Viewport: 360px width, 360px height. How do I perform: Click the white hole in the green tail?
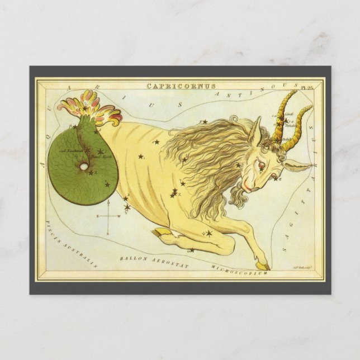(x=83, y=166)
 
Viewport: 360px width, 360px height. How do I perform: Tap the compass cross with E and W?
(x=110, y=216)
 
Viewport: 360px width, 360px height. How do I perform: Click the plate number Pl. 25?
(x=307, y=86)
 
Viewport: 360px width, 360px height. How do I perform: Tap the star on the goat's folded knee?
(x=208, y=233)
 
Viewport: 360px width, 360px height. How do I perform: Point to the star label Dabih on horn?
(x=287, y=139)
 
